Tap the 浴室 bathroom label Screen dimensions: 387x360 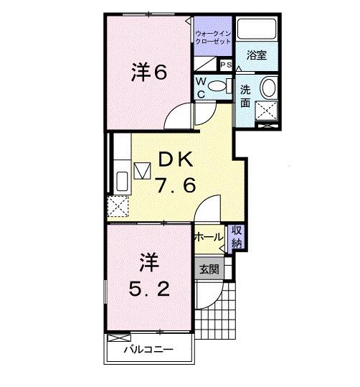257,53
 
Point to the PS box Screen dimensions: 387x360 225,65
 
